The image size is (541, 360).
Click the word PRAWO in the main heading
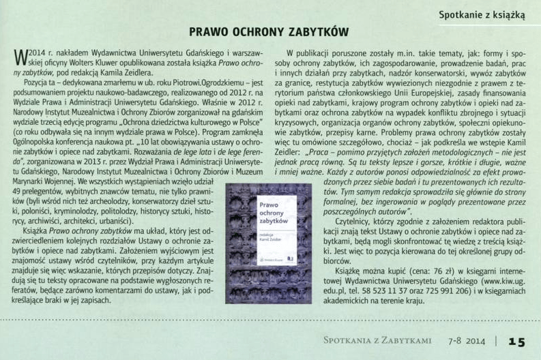[x=210, y=31]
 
